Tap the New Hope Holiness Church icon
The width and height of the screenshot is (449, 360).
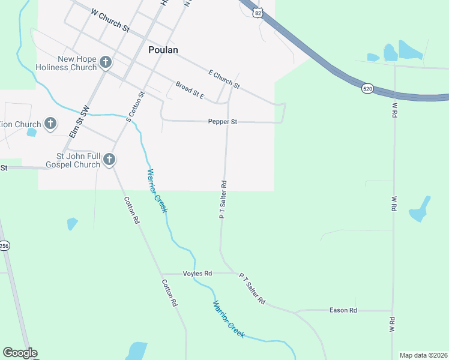106,62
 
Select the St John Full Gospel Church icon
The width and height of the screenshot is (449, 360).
109,160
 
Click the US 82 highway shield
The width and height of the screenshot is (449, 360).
258,13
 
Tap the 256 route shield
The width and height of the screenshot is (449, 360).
4,246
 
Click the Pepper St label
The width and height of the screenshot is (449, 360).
223,122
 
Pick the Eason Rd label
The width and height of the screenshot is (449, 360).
343,310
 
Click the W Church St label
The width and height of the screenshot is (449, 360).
110,20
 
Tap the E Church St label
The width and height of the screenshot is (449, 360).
224,79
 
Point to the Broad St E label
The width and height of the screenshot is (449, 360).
190,91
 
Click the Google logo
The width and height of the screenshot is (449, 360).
20,353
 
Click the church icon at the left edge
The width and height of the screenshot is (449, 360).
50,124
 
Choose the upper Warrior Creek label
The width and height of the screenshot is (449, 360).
157,191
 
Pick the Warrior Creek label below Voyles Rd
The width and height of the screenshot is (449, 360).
228,319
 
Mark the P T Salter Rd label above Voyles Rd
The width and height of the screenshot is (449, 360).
223,200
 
